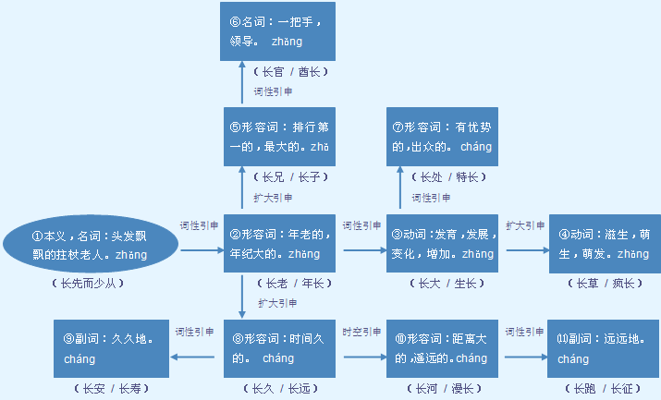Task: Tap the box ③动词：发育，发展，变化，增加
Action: (442, 245)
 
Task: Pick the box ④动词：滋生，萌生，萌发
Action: (605, 245)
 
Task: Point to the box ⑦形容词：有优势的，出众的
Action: (442, 138)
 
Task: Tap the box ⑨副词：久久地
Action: (112, 349)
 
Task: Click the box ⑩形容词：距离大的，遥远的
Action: (442, 349)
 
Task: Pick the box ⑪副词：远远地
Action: (605, 349)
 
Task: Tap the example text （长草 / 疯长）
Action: (605, 283)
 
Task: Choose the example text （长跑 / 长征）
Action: (605, 388)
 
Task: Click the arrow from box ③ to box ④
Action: (525, 249)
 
